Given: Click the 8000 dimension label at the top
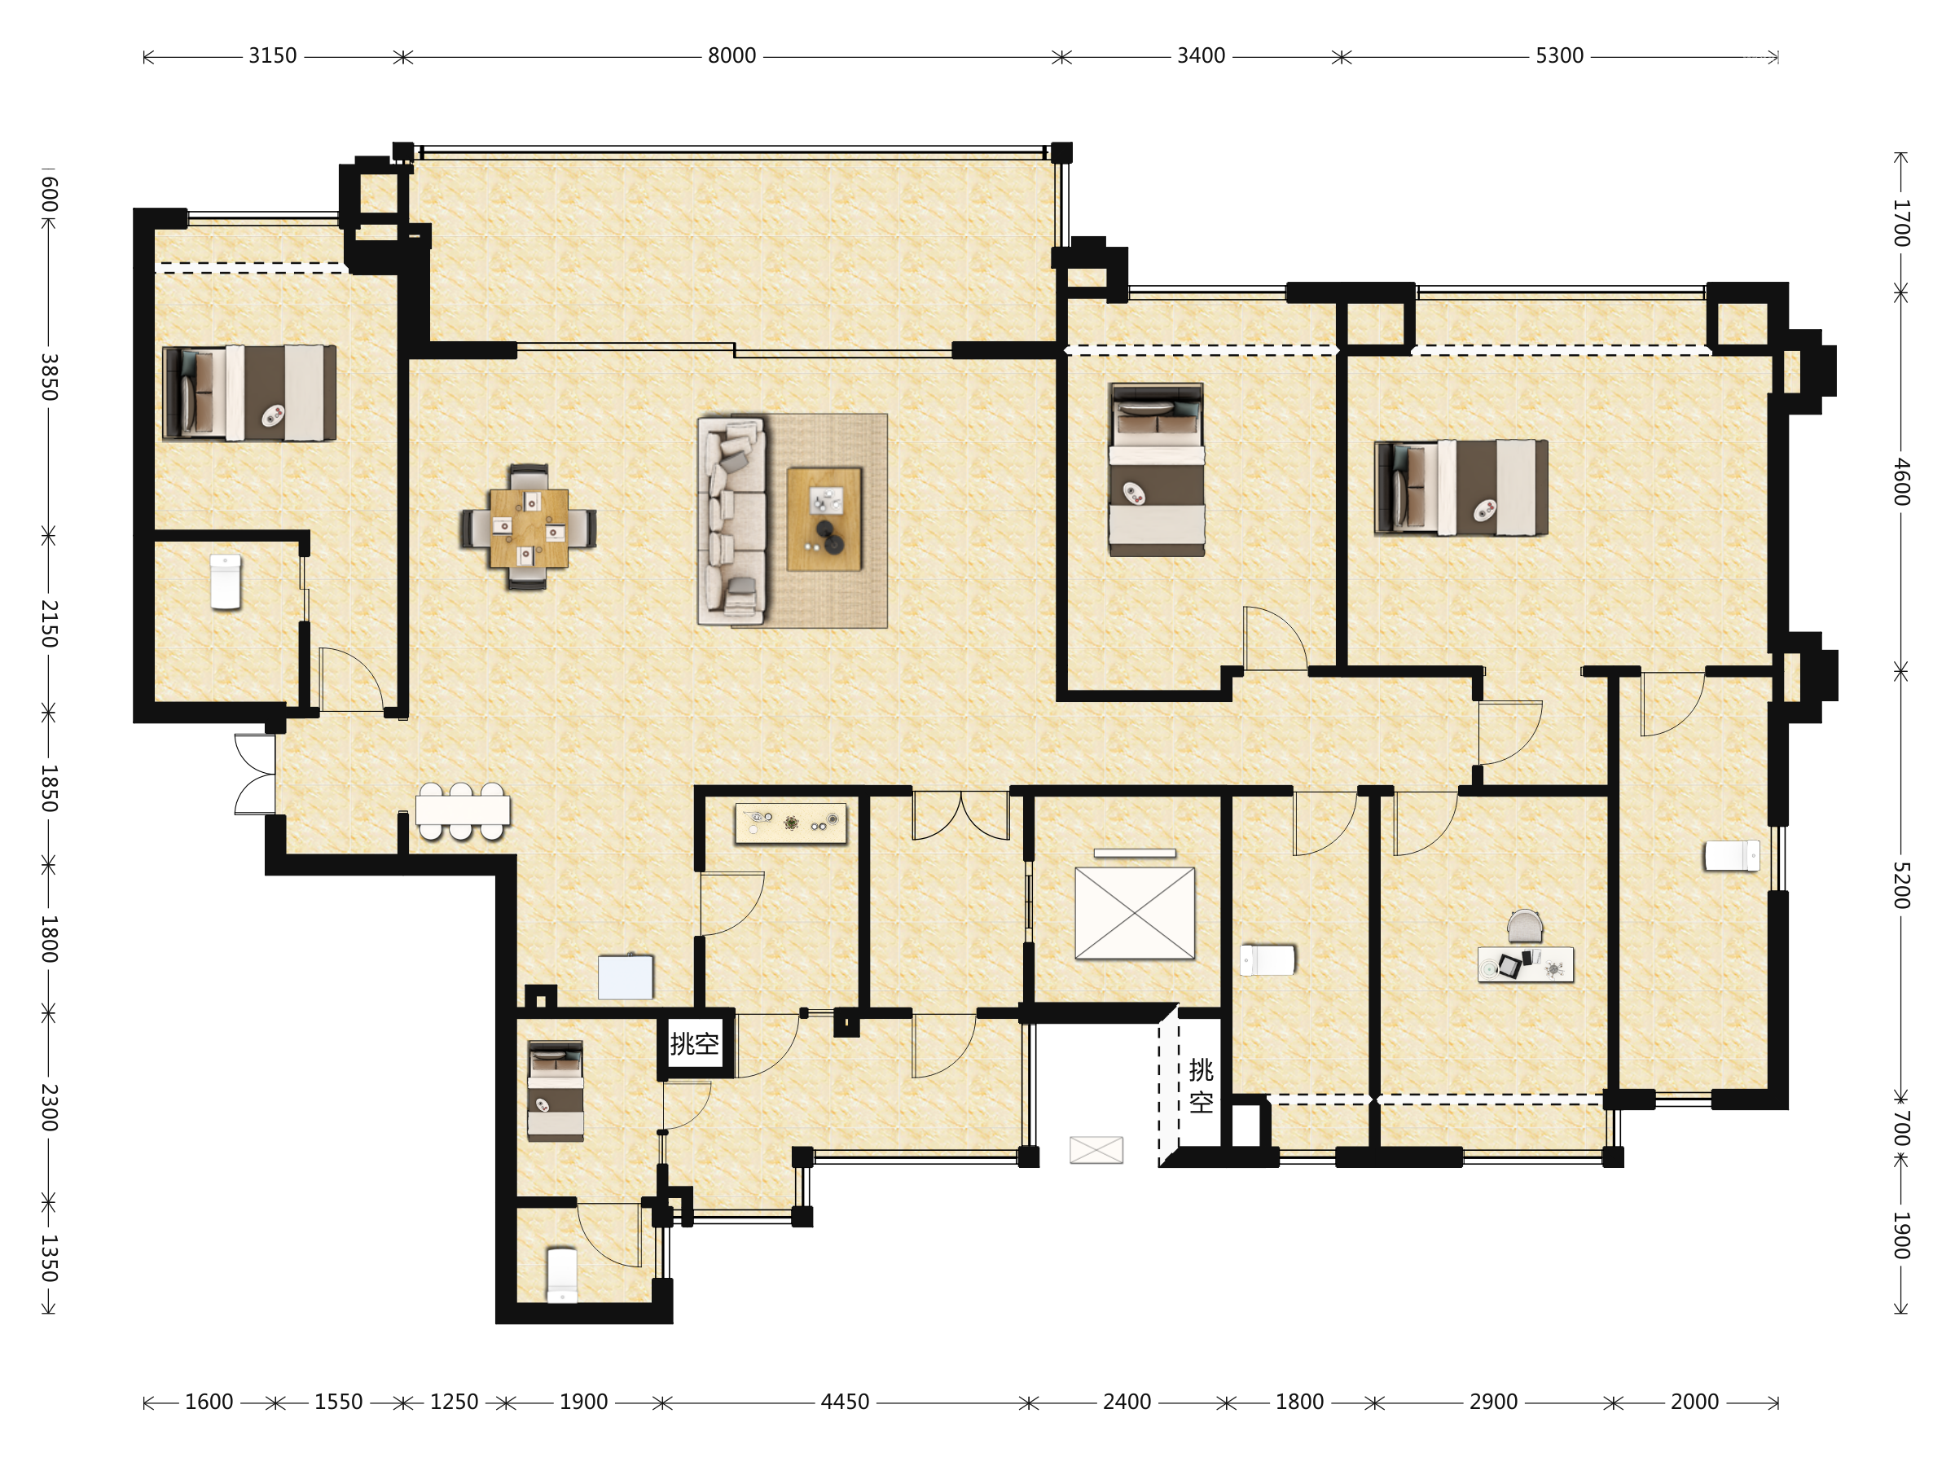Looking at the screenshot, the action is (x=731, y=55).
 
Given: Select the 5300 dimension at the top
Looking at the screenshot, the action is (x=1559, y=55).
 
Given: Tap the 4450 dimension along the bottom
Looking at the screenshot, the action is (x=845, y=1402).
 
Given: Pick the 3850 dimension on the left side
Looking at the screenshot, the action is (x=50, y=376).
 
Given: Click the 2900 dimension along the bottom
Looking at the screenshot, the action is (x=1494, y=1402).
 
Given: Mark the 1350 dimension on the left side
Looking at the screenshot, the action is (x=50, y=1258).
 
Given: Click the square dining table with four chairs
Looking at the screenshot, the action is (x=529, y=527).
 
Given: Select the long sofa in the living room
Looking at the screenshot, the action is (x=731, y=521).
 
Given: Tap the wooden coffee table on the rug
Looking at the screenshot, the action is (x=824, y=519).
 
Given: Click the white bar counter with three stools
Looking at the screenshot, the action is (x=462, y=811).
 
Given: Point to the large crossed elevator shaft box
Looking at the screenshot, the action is (x=1135, y=913).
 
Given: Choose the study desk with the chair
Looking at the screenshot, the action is (x=1526, y=948).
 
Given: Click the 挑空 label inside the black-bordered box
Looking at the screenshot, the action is (x=694, y=1043).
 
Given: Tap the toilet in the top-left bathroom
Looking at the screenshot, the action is (x=226, y=582).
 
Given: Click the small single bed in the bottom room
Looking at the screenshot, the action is (x=555, y=1091).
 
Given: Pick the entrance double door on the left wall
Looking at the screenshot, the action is (x=254, y=774).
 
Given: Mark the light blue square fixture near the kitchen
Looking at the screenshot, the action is (x=626, y=977).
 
